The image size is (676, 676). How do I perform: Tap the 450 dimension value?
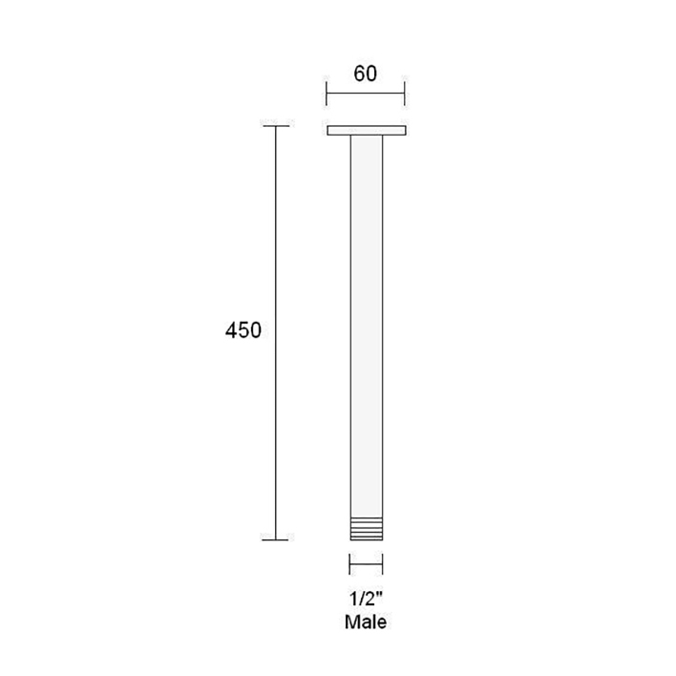coord(243,330)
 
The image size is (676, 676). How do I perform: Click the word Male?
coord(367,623)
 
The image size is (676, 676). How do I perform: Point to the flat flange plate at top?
coord(367,130)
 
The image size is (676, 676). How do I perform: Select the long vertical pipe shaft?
coord(367,325)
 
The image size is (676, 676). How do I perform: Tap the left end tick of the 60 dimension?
coord(327,94)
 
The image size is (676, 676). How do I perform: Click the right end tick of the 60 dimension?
coord(406,94)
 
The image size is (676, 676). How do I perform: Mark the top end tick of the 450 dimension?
coord(276,126)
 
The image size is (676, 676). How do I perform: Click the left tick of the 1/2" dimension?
coord(350,563)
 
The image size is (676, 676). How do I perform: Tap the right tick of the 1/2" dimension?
coord(384,563)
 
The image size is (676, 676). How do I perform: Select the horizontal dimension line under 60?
coord(367,94)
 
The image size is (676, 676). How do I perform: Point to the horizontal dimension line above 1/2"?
coord(367,563)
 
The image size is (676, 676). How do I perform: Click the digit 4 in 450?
coord(231,330)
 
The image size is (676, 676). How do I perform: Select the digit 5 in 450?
coord(243,330)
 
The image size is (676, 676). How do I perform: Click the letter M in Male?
coord(352,623)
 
